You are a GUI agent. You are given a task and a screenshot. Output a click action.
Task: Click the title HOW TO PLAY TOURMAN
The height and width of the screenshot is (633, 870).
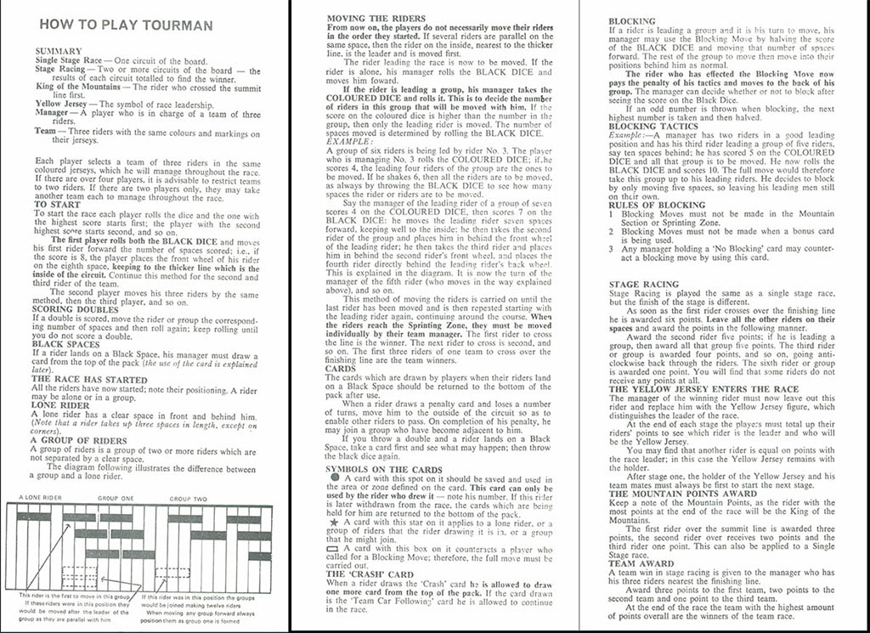pyautogui.click(x=125, y=25)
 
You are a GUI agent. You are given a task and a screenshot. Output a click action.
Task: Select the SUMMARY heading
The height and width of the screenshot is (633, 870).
pyautogui.click(x=59, y=52)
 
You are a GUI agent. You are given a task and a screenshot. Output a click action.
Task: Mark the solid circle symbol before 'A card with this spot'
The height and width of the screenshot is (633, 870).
pyautogui.click(x=332, y=478)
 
